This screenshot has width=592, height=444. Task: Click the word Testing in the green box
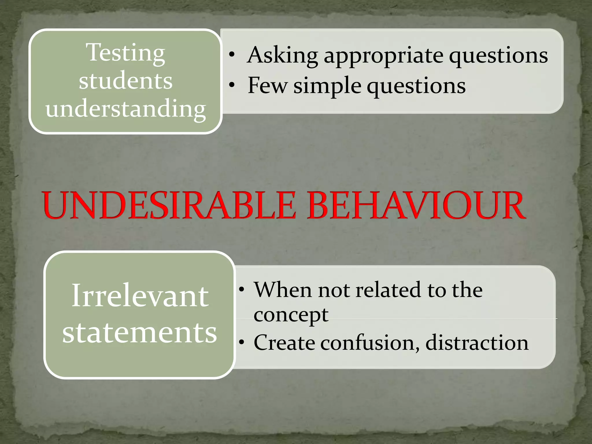pos(126,53)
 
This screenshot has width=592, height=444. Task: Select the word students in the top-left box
pos(126,81)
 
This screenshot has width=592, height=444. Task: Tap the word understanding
pos(126,109)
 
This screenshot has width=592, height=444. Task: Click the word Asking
pos(283,55)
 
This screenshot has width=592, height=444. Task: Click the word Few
pos(267,86)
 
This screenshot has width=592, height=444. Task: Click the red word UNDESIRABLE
pos(169,206)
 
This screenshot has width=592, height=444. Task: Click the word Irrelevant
pos(140,296)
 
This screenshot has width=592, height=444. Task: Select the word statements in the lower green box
pos(140,332)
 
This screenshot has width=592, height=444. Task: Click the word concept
pos(291,315)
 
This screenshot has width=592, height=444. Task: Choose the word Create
pos(284,343)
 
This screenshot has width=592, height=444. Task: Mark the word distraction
pos(477,343)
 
